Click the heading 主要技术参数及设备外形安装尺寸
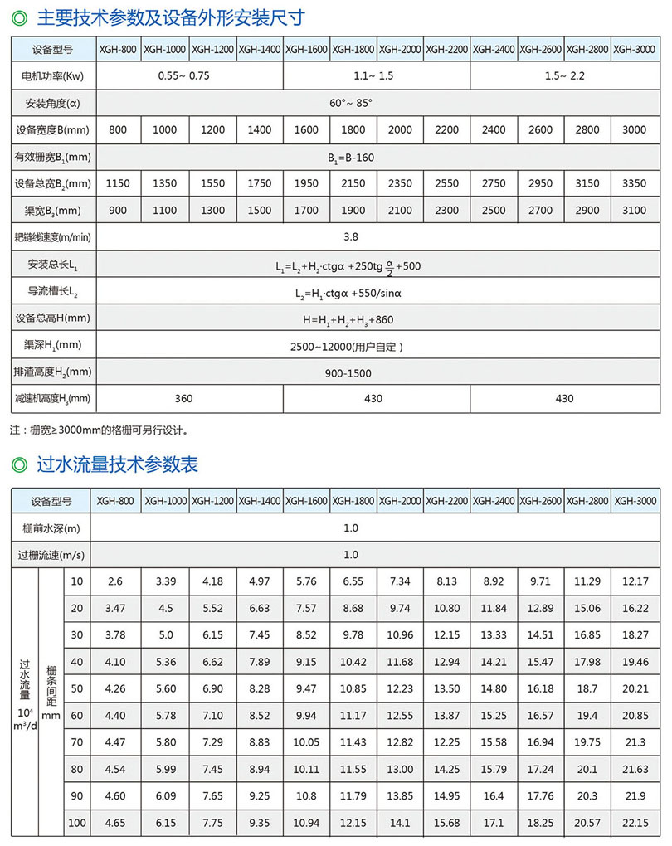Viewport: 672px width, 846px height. click(x=171, y=16)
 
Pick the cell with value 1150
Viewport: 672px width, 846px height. click(x=118, y=182)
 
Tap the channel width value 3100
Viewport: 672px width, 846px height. click(x=634, y=210)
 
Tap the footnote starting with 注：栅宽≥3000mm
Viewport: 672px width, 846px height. click(x=100, y=430)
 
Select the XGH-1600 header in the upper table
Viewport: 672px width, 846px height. click(x=306, y=50)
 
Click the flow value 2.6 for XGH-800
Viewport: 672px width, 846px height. click(x=115, y=582)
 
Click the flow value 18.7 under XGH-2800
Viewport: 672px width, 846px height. click(x=587, y=689)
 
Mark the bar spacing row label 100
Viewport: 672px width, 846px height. click(x=77, y=824)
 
